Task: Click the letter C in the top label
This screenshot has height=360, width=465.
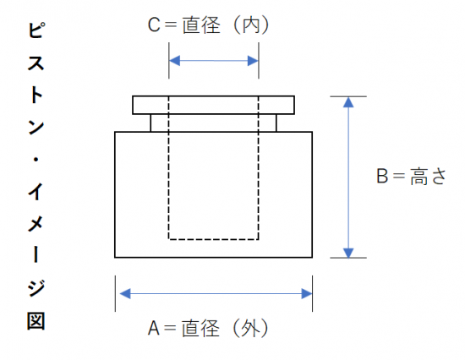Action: [x=154, y=25]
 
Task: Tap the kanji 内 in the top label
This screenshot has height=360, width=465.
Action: [x=251, y=25]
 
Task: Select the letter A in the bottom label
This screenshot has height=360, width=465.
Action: [x=154, y=328]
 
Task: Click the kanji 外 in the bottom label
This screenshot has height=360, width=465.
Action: [x=250, y=328]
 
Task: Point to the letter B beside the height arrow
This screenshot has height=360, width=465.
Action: [x=382, y=176]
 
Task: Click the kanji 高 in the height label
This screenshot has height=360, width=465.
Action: [x=419, y=176]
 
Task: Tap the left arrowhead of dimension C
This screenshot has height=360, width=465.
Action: [x=174, y=61]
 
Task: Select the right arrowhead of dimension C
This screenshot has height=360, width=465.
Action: [x=253, y=61]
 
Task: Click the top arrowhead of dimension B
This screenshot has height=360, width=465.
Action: [x=348, y=102]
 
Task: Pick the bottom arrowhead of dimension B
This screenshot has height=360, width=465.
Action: [x=348, y=253]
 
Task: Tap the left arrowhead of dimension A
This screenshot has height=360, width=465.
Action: [x=125, y=293]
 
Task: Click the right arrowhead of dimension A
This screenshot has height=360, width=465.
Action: [x=307, y=293]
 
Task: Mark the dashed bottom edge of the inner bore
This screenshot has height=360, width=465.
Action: [x=214, y=239]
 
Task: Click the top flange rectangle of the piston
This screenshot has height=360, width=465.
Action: [x=214, y=96]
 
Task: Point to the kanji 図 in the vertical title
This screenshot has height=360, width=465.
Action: [x=36, y=320]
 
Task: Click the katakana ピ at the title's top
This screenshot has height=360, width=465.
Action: [x=36, y=30]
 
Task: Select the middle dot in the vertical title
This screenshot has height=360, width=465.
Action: [x=36, y=160]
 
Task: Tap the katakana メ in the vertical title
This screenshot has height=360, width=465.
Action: [x=36, y=224]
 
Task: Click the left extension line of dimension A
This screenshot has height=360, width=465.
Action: [x=115, y=293]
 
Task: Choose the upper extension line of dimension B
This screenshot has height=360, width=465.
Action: [x=348, y=96]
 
